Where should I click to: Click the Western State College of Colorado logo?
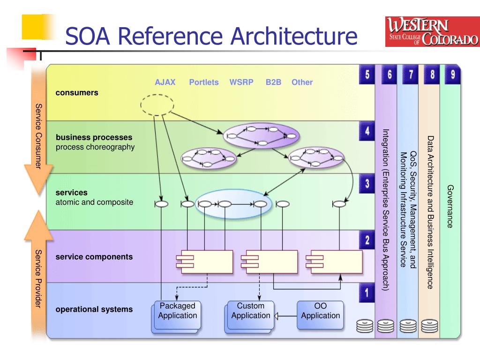[432, 32]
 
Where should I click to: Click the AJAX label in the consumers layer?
[165, 82]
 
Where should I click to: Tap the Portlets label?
[204, 82]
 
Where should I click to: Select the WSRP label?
[241, 82]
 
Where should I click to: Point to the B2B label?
[273, 82]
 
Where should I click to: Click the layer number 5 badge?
[367, 75]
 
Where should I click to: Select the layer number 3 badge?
[367, 184]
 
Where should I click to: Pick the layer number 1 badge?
[367, 294]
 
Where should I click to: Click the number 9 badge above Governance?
[452, 75]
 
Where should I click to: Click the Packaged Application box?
[177, 315]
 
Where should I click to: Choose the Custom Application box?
[250, 315]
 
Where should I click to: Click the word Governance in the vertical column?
[450, 206]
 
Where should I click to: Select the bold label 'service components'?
[94, 257]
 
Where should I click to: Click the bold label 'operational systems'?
[94, 309]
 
